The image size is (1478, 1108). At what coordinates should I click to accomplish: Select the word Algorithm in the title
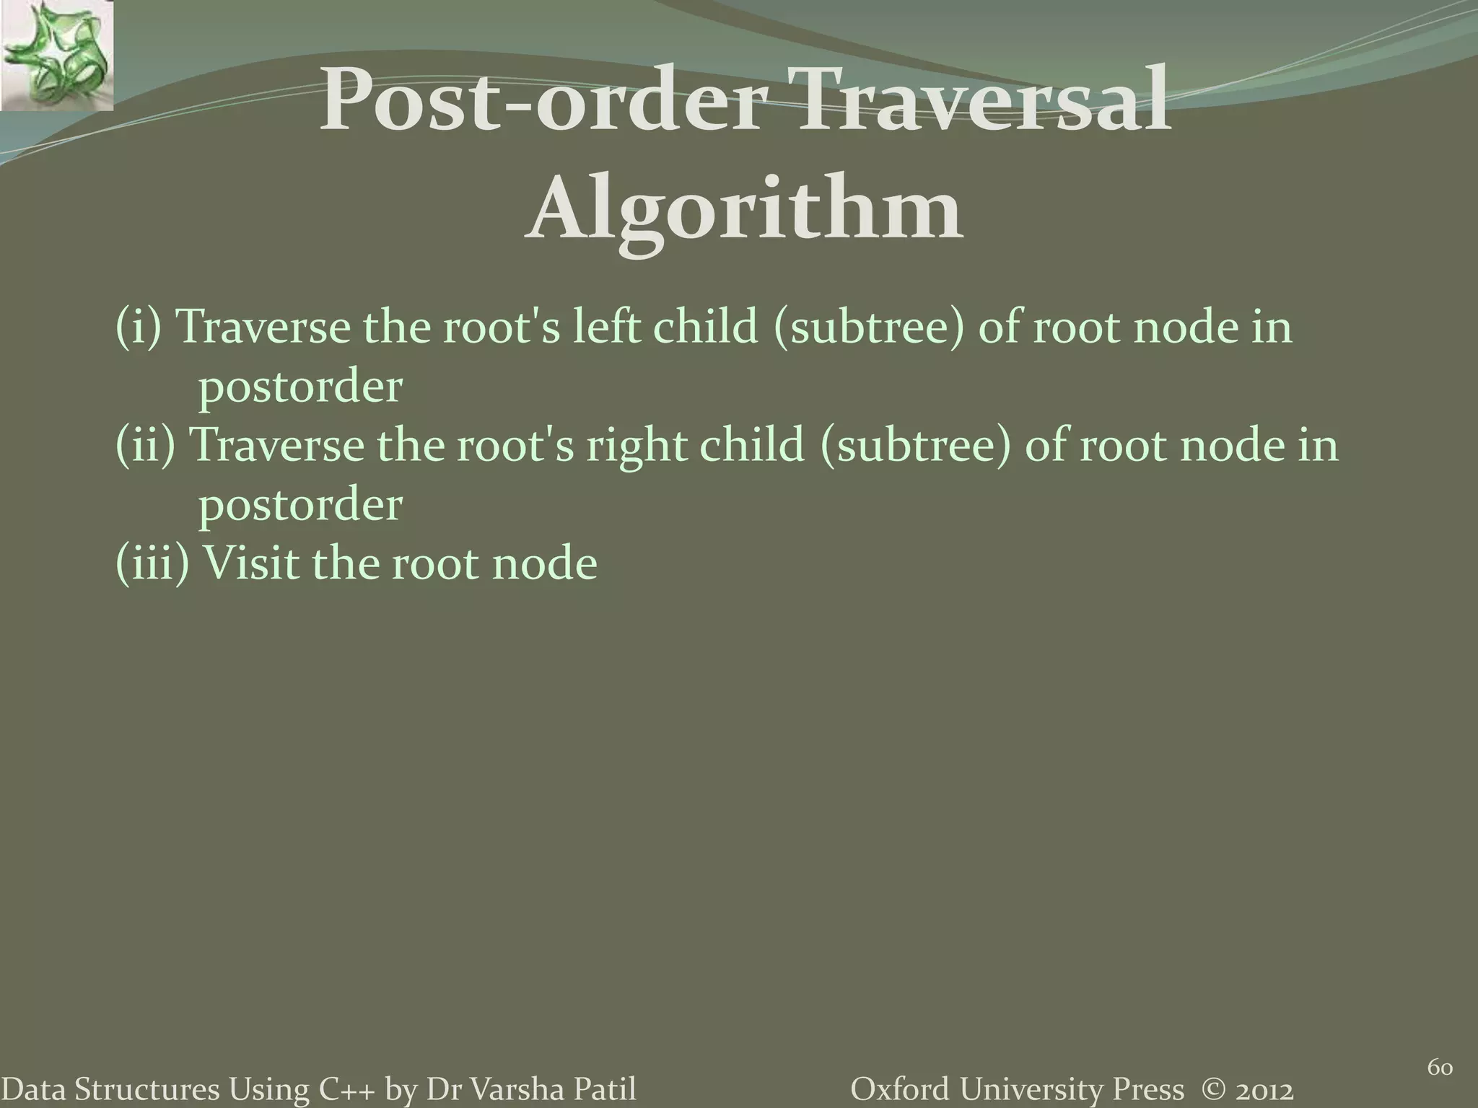coord(743,211)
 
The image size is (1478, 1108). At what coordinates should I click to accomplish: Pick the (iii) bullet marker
coord(153,563)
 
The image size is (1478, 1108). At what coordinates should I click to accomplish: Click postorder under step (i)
coord(299,388)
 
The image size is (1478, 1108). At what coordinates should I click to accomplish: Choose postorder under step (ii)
coord(299,505)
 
